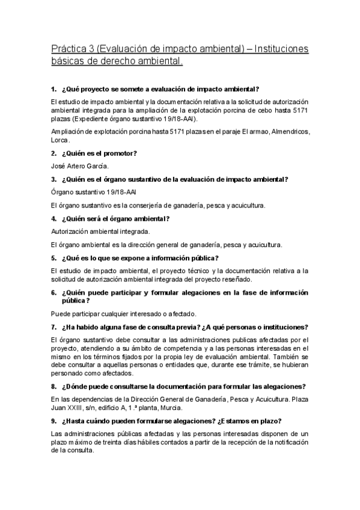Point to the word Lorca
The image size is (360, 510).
click(x=61, y=140)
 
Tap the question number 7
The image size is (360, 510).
click(x=53, y=327)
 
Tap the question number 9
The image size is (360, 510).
click(x=53, y=422)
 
